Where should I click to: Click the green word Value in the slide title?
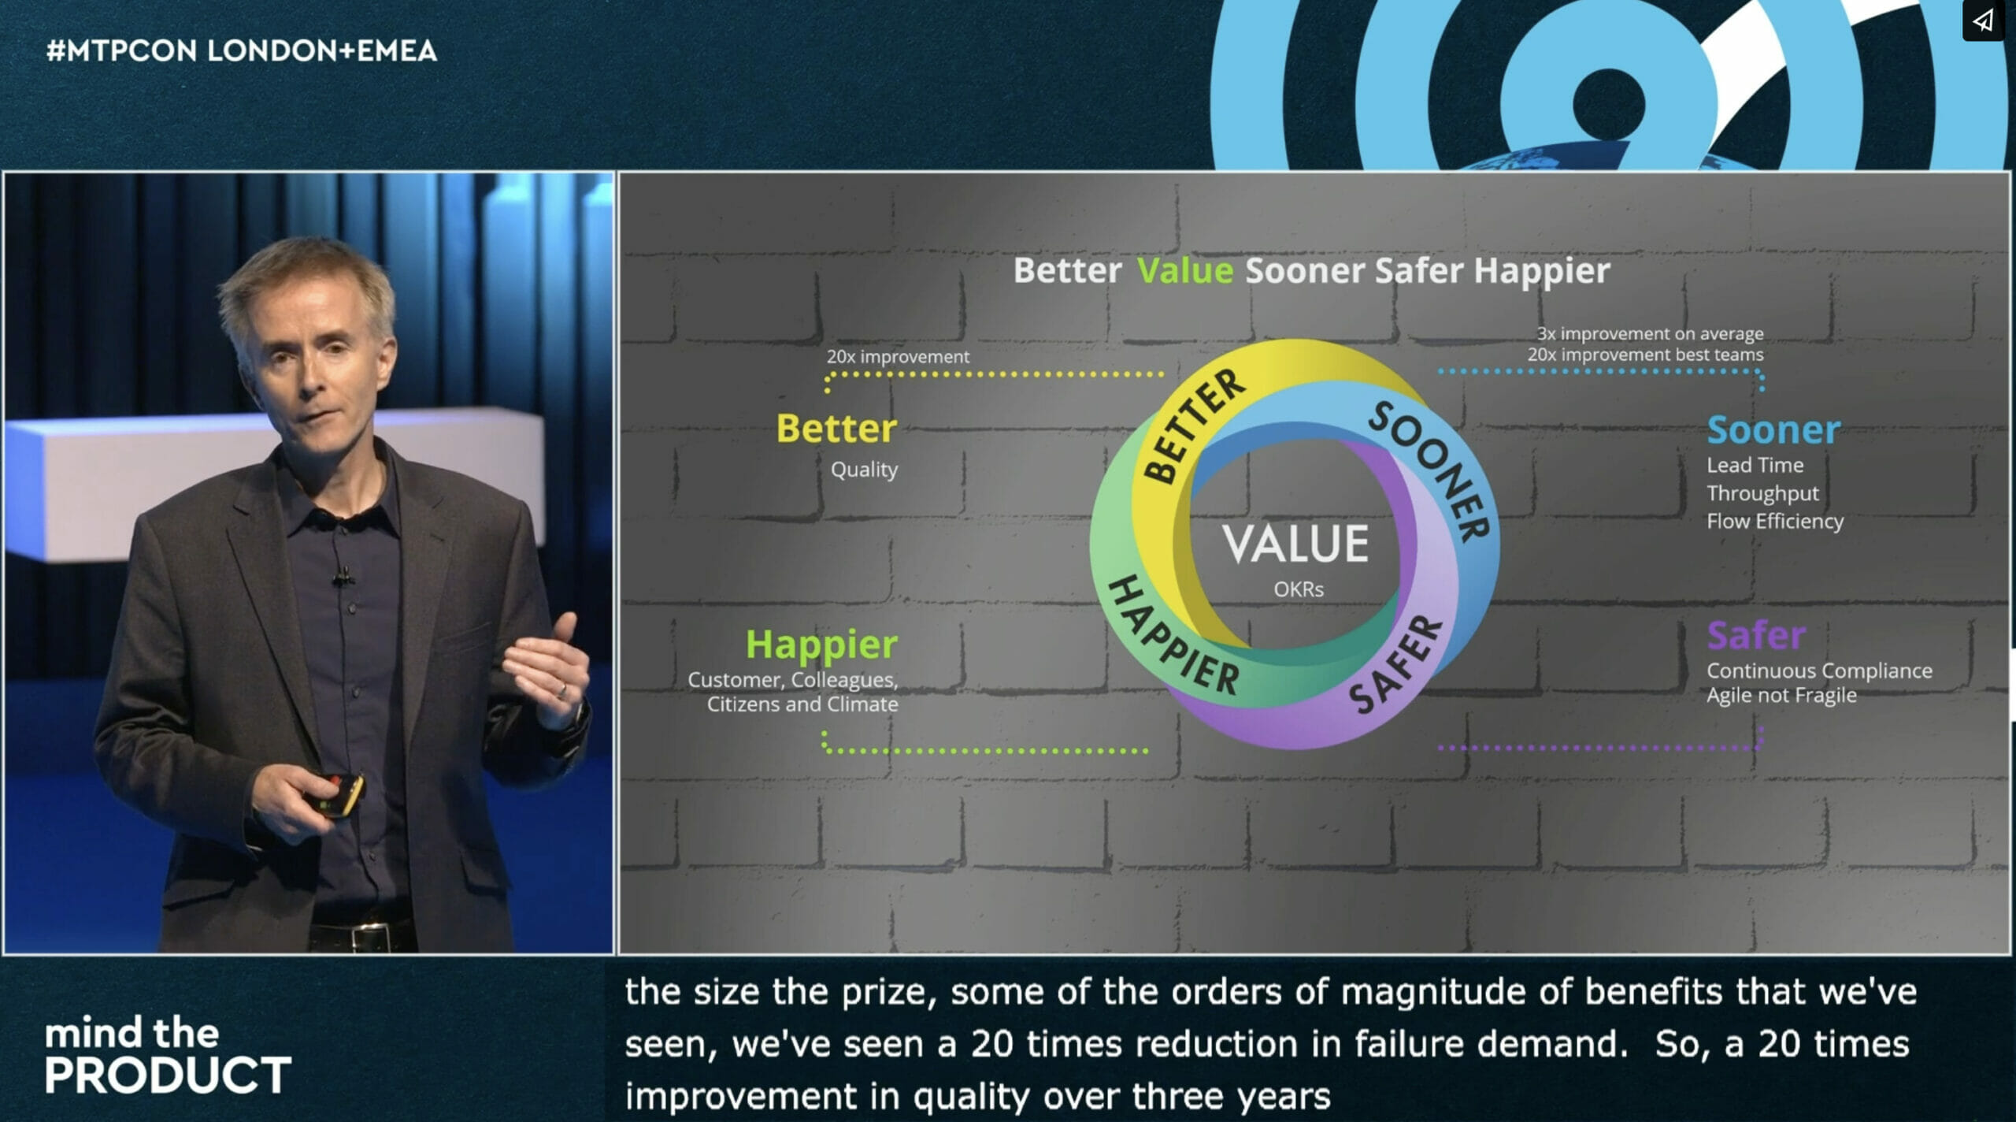1184,270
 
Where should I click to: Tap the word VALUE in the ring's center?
1295,544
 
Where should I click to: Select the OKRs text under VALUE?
1299,589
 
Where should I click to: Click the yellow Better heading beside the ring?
836,429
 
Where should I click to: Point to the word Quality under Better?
864,470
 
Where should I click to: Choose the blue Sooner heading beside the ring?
1773,429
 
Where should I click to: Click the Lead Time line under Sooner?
1755,465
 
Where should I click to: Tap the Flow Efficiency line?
1775,521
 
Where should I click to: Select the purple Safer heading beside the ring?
1756,635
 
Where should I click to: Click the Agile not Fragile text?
1781,695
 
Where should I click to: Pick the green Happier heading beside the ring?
821,645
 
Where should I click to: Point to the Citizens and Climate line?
802,704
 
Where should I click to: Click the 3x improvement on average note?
1650,333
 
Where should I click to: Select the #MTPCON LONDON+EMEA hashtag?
242,51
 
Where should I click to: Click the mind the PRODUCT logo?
168,1055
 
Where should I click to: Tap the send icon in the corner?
1983,20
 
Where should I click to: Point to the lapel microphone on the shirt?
342,578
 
